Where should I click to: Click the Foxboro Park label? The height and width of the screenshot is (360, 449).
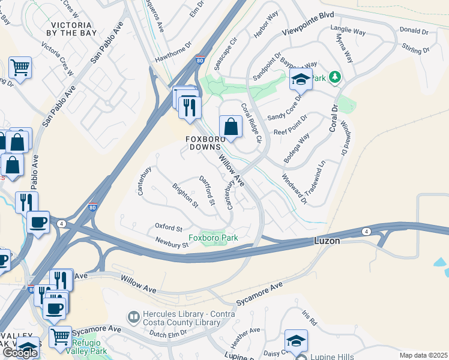[213, 238]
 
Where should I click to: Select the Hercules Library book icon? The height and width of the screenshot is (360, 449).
[133, 315]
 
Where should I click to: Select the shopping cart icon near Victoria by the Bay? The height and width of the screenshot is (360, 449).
[20, 68]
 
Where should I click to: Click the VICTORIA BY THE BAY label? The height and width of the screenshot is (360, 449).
[71, 29]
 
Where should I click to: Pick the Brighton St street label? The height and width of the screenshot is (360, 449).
[185, 195]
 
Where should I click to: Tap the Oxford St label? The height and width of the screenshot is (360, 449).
[169, 228]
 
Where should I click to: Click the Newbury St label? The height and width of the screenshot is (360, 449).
[172, 244]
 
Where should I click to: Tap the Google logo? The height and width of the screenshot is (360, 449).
[20, 353]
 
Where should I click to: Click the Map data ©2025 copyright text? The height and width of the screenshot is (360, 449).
[423, 355]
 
